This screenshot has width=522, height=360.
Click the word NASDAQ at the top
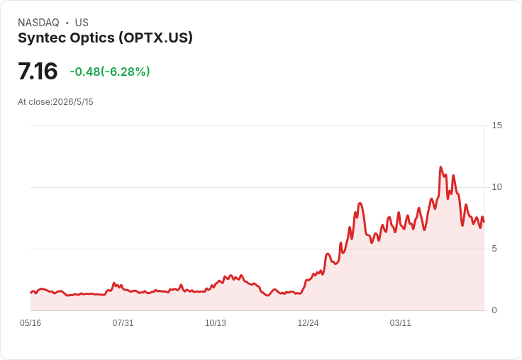point(38,23)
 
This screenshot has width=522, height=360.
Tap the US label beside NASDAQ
point(82,23)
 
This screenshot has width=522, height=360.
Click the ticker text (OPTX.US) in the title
point(156,38)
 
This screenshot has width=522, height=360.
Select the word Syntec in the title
point(41,38)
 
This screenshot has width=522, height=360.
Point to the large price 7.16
point(38,71)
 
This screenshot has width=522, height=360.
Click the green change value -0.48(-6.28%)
point(110,72)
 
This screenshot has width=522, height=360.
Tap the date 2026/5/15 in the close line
point(73,102)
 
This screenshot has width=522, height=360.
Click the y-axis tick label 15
point(496,125)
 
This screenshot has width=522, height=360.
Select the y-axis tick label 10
point(496,187)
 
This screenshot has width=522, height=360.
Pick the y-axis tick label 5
point(494,249)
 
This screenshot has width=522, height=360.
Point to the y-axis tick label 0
point(494,310)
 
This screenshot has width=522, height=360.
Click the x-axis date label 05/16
point(30,323)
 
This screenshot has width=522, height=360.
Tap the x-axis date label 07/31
point(123,323)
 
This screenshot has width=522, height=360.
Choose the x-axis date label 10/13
point(216,323)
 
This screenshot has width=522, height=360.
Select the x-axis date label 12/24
point(308,323)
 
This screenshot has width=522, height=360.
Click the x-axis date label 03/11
point(401,323)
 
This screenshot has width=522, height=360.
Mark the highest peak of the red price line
point(440,167)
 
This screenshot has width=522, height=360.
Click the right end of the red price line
point(484,222)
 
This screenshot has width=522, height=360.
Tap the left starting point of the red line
point(30,293)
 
